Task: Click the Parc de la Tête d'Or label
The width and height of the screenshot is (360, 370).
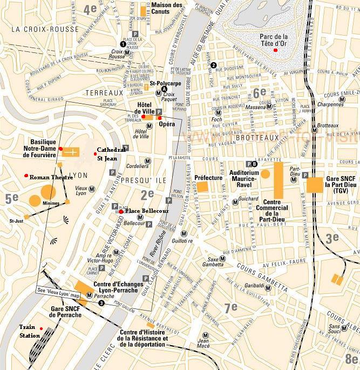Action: coord(274,40)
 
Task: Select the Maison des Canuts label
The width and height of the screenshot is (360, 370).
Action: coord(167,8)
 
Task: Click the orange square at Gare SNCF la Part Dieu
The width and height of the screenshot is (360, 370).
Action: coord(315,185)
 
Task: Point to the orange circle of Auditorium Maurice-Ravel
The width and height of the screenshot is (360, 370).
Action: coord(265,174)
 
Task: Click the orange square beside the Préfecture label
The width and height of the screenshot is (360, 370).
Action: coord(202,187)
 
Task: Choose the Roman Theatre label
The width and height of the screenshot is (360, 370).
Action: coord(51,177)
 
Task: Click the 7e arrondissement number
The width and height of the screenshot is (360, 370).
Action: coord(231,307)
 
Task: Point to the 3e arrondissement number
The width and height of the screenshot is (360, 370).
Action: coord(331,237)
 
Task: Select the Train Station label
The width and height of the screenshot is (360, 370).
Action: coord(30,331)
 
